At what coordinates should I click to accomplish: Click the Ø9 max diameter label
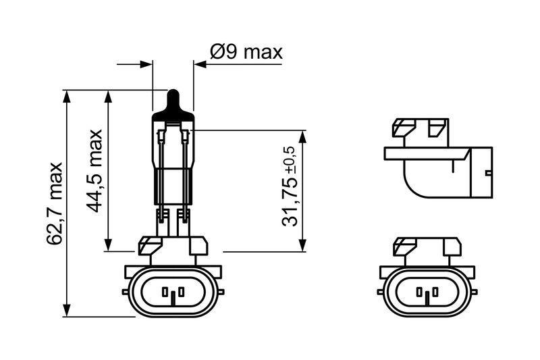point(246,51)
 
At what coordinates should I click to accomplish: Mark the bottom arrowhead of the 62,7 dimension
point(67,310)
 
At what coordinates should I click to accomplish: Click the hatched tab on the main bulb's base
point(147,245)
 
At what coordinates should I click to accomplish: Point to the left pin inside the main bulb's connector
point(165,292)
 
